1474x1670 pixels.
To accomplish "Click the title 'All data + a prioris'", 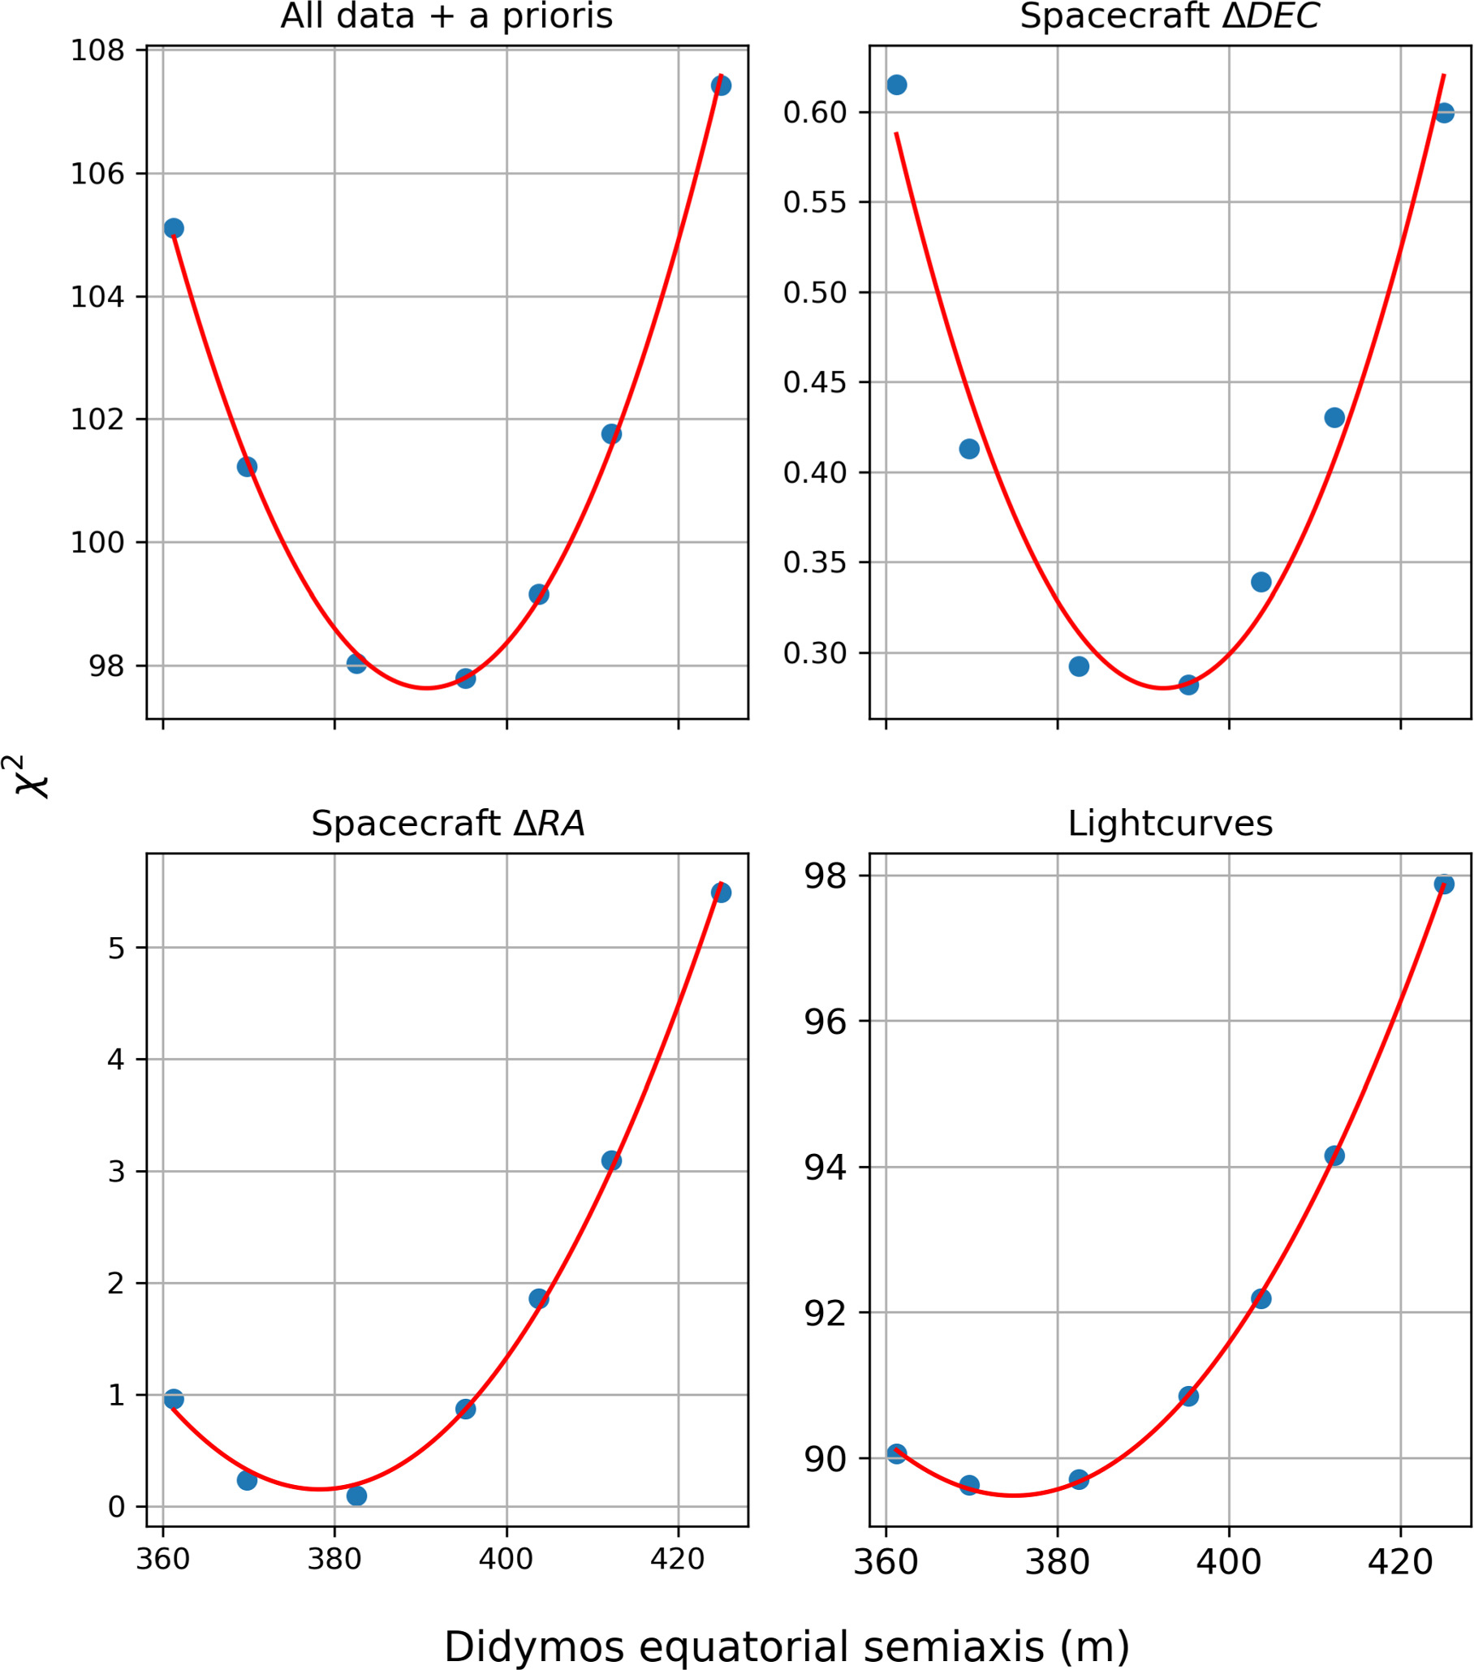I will (446, 16).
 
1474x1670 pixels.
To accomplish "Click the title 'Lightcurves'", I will (1170, 824).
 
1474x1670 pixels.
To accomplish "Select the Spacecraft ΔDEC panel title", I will (1170, 16).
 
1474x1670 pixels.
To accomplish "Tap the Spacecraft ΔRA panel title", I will (448, 824).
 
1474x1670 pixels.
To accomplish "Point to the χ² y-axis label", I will (31, 777).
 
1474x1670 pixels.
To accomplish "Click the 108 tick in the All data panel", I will (97, 50).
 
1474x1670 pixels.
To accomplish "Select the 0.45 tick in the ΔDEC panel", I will (815, 382).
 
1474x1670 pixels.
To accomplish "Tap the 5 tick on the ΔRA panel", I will (116, 949).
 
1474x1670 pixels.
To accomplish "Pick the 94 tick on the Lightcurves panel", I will (825, 1167).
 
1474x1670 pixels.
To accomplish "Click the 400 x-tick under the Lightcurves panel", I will (1228, 1561).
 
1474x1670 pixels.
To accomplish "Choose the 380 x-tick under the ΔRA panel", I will (334, 1559).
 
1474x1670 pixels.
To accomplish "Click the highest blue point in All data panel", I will (721, 86).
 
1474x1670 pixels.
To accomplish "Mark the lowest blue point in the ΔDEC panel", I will (1189, 685).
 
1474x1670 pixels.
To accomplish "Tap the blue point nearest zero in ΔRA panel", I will (356, 1496).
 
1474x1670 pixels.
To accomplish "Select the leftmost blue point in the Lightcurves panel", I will (896, 1453).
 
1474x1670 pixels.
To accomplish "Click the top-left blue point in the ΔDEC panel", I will (896, 85).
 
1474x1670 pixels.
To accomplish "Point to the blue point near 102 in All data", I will (611, 434).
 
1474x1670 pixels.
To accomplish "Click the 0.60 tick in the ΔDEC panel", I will (815, 113).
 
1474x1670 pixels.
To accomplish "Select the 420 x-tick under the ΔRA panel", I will (678, 1559).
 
